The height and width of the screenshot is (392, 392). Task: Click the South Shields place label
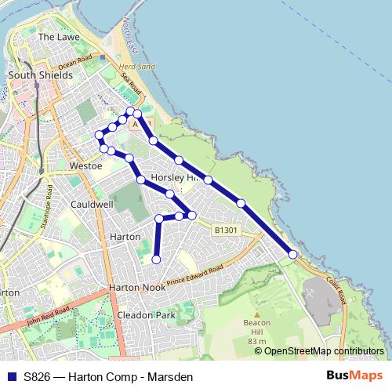point(40,75)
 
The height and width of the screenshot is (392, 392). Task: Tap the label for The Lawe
point(56,37)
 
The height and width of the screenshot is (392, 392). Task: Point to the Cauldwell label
point(92,204)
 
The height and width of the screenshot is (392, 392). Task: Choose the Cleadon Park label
point(145,314)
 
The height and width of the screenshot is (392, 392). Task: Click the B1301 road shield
point(225,230)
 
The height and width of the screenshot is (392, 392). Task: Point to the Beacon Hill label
point(256,328)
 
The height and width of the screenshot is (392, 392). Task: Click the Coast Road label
point(338,293)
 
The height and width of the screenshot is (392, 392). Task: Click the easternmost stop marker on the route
point(292,254)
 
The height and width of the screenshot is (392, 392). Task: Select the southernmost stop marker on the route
point(156,260)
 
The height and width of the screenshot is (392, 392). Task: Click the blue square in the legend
point(10,377)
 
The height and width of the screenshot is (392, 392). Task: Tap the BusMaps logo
point(355,376)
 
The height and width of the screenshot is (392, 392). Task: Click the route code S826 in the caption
point(38,377)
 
